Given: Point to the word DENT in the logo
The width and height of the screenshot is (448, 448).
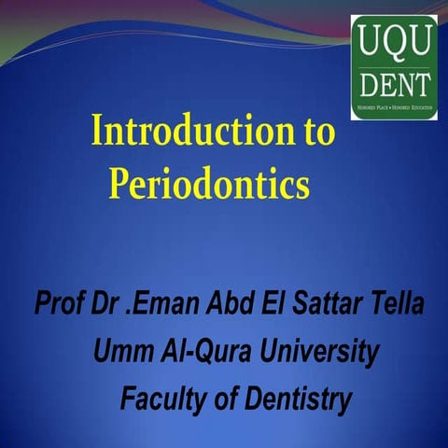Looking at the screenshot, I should click(393, 87).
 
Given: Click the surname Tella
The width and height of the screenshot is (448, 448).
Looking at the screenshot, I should click(401, 305).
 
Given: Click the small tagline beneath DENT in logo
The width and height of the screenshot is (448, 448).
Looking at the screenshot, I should click(393, 108).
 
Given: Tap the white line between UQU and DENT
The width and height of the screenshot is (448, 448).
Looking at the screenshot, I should click(393, 65).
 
